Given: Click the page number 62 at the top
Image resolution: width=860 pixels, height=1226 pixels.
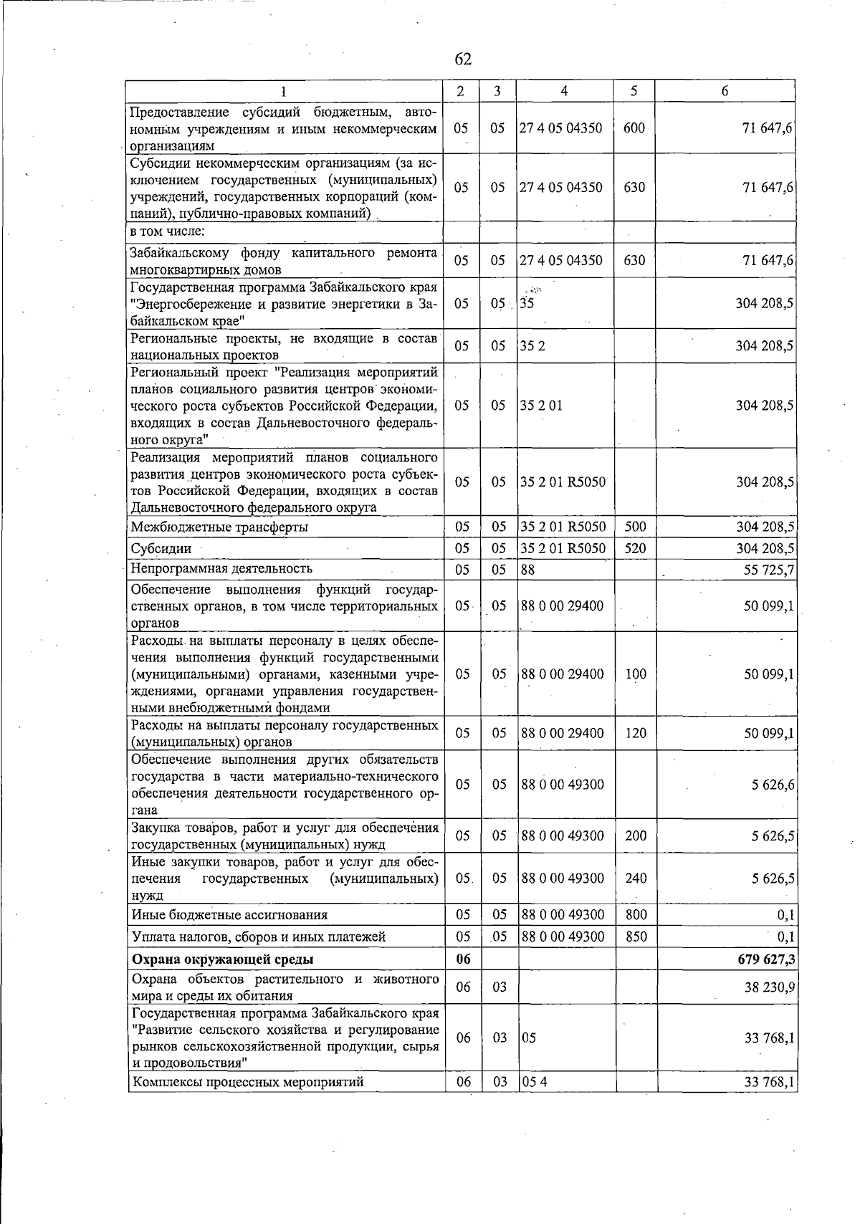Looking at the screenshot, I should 463,59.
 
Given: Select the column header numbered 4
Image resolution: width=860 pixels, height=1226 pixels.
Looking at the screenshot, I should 565,91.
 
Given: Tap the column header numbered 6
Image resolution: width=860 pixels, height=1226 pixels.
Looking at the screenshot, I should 725,91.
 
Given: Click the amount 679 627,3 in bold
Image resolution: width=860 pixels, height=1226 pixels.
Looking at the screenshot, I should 765,959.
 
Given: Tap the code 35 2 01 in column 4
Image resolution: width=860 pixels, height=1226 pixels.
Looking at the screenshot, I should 542,406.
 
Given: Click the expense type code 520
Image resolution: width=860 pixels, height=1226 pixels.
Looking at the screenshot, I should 635,549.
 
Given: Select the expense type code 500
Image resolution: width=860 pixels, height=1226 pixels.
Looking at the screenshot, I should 635,527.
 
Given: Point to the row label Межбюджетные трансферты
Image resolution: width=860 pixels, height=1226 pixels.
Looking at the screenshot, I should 220,527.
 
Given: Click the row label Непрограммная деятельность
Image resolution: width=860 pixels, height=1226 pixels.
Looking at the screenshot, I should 221,569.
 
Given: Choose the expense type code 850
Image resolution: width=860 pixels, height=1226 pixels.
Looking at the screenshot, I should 635,937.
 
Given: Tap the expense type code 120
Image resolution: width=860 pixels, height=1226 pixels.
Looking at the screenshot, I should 635,733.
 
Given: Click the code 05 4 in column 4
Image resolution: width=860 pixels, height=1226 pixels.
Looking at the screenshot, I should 535,1082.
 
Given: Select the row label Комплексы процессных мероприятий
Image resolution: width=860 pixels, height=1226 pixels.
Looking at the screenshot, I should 247,1082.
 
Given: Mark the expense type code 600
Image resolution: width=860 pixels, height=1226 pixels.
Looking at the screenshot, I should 634,128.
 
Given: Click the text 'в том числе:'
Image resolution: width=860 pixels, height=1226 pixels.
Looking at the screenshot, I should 168,231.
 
